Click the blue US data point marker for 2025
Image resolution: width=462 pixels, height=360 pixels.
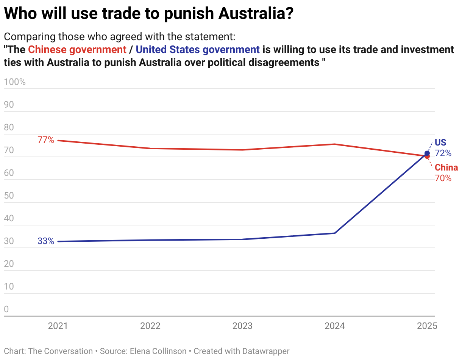point(427,153)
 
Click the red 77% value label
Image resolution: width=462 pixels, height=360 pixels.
point(46,140)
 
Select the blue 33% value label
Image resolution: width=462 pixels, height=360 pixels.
point(46,241)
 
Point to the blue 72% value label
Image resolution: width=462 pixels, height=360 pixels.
point(443,153)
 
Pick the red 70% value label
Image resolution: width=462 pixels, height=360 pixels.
point(443,178)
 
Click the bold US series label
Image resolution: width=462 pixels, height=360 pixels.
point(440,143)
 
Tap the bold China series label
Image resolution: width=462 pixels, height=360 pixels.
point(446,167)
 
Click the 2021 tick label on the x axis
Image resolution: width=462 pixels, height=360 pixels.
point(58,326)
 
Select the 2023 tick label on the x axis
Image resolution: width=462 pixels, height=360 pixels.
point(242,326)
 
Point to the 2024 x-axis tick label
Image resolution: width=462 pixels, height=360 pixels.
point(335,326)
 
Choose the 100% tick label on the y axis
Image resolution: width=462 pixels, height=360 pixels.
point(15,82)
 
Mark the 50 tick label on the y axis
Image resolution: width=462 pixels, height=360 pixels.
point(9,196)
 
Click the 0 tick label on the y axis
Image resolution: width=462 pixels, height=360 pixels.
point(6,309)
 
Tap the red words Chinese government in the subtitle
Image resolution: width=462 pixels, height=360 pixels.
point(77,50)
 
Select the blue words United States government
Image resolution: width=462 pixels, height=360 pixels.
point(198,50)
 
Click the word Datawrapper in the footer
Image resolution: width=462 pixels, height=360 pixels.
point(267,351)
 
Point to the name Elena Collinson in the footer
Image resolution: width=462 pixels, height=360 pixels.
point(158,351)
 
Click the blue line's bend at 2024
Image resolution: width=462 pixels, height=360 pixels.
point(335,233)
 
